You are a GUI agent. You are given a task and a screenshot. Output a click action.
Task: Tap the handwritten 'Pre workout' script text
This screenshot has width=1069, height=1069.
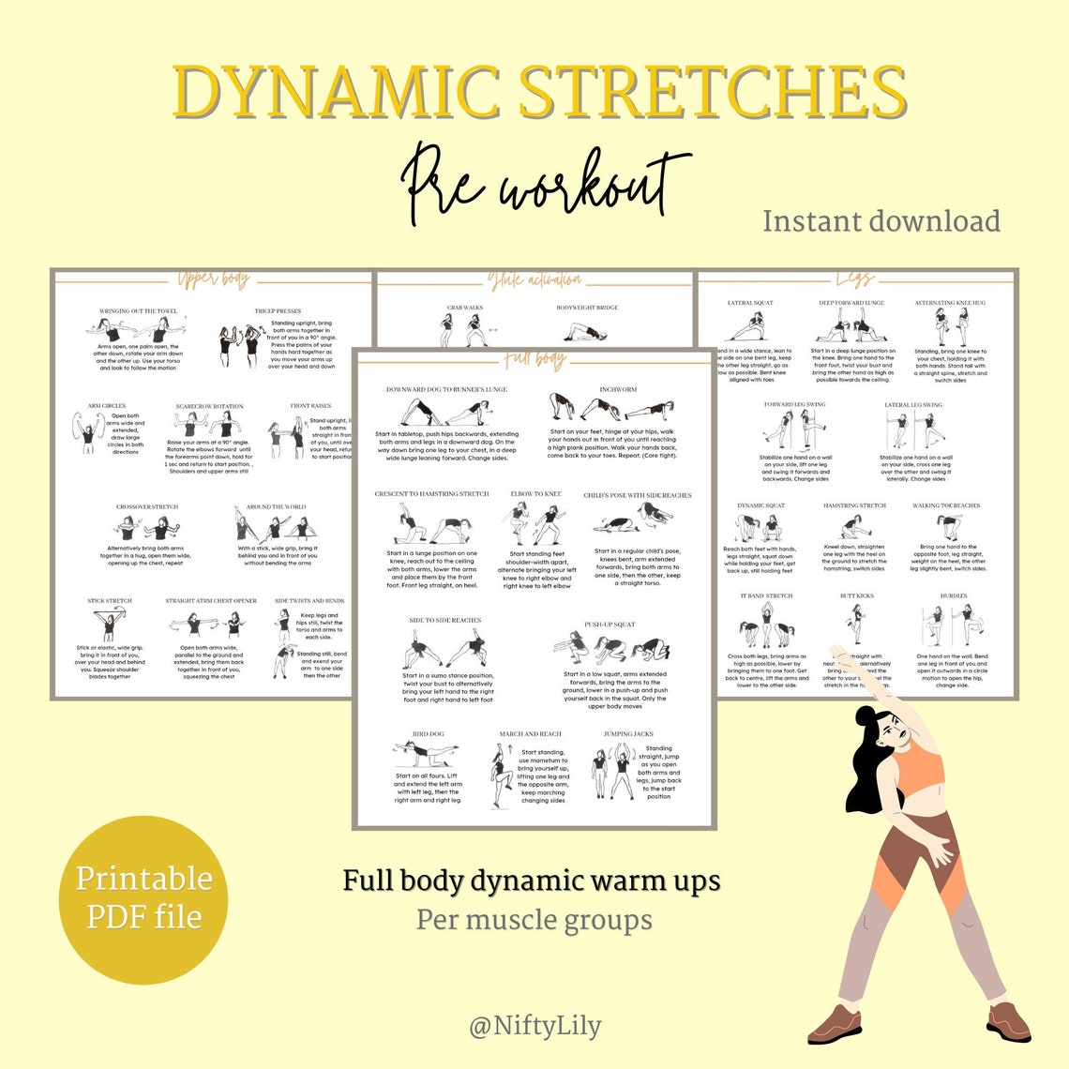point(544,183)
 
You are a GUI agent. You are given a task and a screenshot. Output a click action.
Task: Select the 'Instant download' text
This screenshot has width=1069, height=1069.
point(881,221)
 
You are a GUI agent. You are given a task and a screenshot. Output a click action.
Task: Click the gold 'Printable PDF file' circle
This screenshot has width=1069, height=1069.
point(143,897)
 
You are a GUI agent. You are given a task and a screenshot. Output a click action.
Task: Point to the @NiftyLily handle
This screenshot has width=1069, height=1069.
point(534,1026)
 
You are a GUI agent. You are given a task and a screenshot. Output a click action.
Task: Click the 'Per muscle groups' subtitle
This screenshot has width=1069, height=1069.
point(534,919)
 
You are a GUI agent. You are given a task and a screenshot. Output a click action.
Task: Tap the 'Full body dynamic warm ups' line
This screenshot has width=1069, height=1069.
point(531,881)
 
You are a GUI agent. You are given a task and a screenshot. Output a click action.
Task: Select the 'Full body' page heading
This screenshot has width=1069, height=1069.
point(534,359)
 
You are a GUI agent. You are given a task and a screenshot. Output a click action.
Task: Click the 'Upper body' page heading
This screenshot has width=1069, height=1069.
point(214,279)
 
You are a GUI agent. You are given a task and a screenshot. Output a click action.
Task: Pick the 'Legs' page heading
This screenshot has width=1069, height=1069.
point(854,279)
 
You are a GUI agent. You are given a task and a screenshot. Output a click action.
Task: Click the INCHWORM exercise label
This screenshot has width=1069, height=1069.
point(618,389)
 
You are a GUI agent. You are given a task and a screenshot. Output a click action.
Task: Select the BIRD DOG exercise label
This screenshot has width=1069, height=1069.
point(428,734)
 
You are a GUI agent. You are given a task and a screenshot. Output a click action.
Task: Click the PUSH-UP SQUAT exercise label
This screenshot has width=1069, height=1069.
point(610,625)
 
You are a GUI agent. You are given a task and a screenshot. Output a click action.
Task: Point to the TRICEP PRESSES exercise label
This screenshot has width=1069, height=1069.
point(278,310)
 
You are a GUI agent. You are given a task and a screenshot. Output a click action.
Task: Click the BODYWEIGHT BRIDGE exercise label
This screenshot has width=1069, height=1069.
point(587,308)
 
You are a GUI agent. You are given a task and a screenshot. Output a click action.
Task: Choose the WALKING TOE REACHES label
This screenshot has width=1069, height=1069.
point(946,505)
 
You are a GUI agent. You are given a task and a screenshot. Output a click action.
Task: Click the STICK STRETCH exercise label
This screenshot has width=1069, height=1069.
point(110,601)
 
